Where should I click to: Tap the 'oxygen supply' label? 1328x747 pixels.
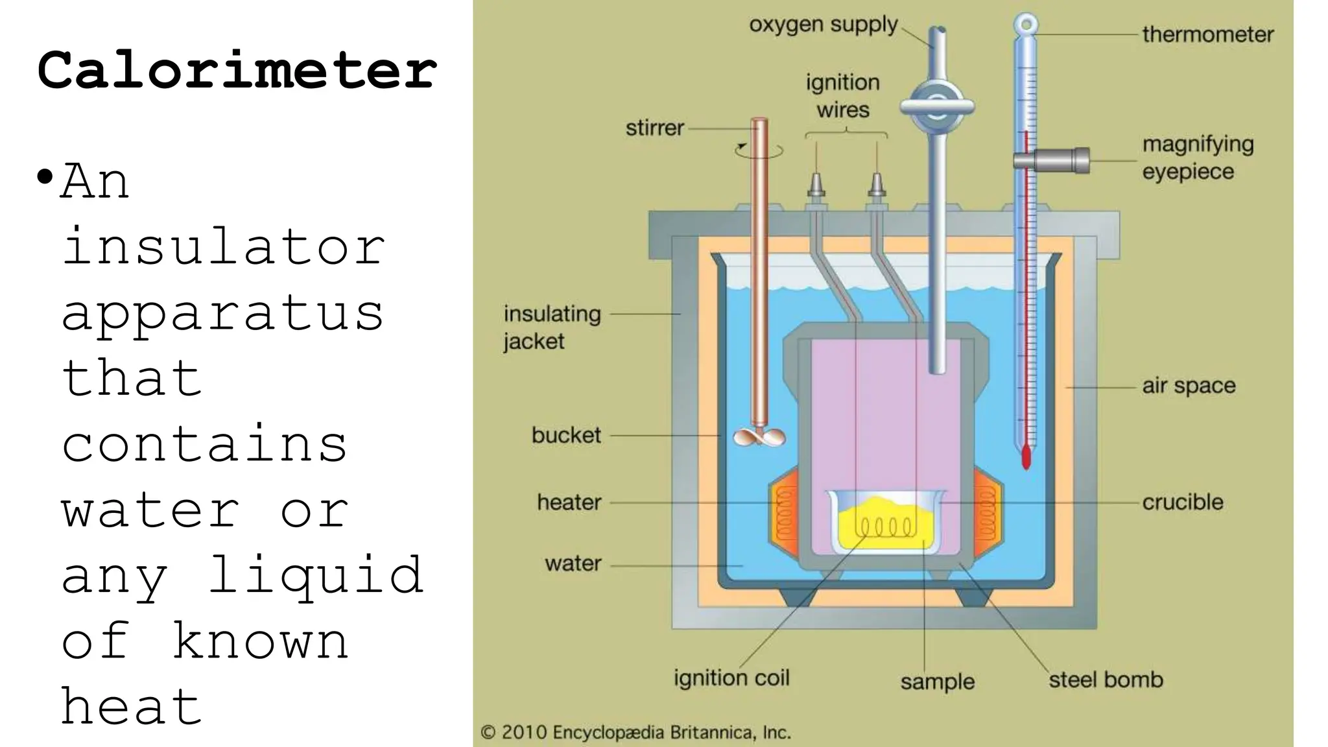tap(823, 25)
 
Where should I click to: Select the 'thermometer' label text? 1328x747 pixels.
tap(1207, 34)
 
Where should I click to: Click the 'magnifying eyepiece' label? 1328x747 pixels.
tap(1197, 158)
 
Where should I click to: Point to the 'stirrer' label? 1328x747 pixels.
tap(654, 128)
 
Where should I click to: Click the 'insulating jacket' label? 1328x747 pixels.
tap(552, 327)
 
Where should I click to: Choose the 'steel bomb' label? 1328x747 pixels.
tap(1106, 680)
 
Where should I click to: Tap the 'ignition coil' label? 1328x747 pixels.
tap(731, 678)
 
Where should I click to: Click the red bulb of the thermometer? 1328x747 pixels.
tap(1026, 456)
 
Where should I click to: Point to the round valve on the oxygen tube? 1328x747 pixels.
tap(936, 107)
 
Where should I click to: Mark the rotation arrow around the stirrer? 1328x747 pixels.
tap(759, 151)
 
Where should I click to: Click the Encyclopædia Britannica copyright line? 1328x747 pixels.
tap(635, 733)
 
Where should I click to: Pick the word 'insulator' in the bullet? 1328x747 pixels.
tap(224, 247)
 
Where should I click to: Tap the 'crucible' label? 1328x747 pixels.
tap(1182, 502)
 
